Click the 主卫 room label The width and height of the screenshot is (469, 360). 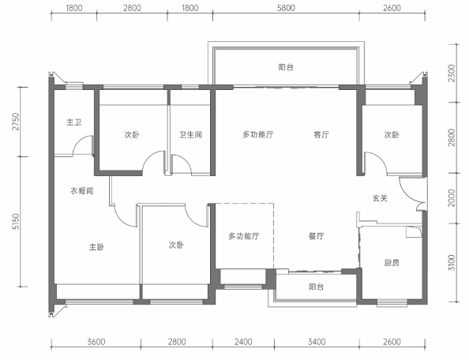[74, 122]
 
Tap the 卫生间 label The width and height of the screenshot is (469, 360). [190, 134]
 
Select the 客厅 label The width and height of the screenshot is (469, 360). [321, 134]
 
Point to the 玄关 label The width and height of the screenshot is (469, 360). [380, 198]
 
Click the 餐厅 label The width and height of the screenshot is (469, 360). [316, 236]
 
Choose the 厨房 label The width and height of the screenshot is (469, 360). [392, 263]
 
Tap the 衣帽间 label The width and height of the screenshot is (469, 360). [81, 190]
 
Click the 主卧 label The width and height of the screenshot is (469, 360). [96, 247]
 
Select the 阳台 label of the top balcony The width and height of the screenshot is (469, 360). [286, 67]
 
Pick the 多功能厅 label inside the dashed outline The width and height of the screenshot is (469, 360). [244, 236]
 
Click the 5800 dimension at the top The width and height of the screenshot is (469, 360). [286, 8]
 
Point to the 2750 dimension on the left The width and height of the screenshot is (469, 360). [15, 122]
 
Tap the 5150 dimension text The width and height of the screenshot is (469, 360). [15, 222]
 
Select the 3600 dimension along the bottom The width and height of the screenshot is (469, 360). [96, 342]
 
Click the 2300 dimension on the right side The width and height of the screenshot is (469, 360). [452, 73]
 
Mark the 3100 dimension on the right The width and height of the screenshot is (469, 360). [452, 263]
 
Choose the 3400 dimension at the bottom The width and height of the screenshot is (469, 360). [317, 342]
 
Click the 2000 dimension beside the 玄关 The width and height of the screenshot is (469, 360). [452, 198]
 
